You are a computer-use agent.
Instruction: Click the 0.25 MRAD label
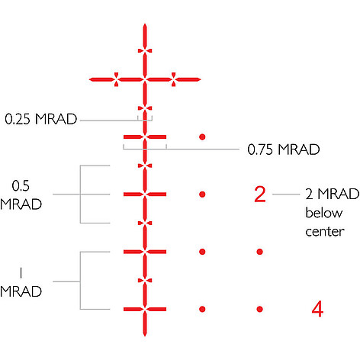click(41, 119)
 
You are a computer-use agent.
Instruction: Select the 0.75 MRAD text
click(284, 149)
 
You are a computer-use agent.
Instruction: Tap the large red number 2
click(260, 194)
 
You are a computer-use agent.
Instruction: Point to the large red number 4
click(317, 309)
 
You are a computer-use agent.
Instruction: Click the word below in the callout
click(324, 213)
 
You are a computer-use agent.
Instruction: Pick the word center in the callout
click(325, 232)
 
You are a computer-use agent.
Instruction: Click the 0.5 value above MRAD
click(21, 186)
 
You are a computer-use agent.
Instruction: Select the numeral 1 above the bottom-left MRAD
click(21, 273)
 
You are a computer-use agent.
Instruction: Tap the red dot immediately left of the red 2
click(202, 194)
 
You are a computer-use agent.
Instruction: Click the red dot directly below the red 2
click(259, 252)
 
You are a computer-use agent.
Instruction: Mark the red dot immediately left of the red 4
click(259, 309)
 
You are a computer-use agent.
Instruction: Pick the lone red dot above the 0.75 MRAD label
click(202, 137)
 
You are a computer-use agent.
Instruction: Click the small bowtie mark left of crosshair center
click(116, 79)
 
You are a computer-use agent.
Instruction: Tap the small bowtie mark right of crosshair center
click(173, 79)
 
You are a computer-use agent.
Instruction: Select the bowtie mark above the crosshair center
click(145, 51)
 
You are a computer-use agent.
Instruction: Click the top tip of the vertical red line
click(145, 24)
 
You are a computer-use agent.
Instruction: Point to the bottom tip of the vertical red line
click(145, 336)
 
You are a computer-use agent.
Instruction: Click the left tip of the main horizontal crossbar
click(89, 79)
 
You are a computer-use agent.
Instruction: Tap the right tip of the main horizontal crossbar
click(201, 79)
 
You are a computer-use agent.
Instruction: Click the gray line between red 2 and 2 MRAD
click(286, 194)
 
